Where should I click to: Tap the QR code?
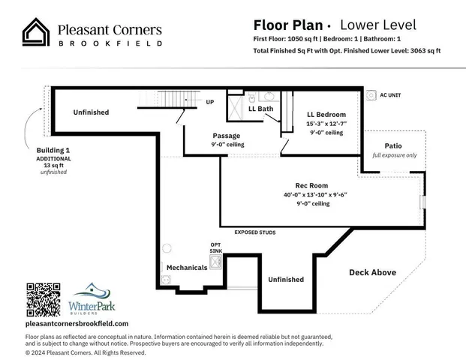[43, 299]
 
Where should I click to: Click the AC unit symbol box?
[371, 96]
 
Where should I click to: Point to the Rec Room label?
[311, 184]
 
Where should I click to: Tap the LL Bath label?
[260, 109]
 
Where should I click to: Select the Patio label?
[393, 145]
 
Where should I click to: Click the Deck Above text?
[372, 272]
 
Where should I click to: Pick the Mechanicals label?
[186, 266]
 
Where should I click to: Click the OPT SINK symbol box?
[216, 262]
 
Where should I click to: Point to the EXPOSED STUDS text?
[260, 232]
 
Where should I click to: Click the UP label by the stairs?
[209, 101]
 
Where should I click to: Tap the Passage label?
[226, 136]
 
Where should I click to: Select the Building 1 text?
[53, 150]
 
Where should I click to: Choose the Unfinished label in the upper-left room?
[91, 112]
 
